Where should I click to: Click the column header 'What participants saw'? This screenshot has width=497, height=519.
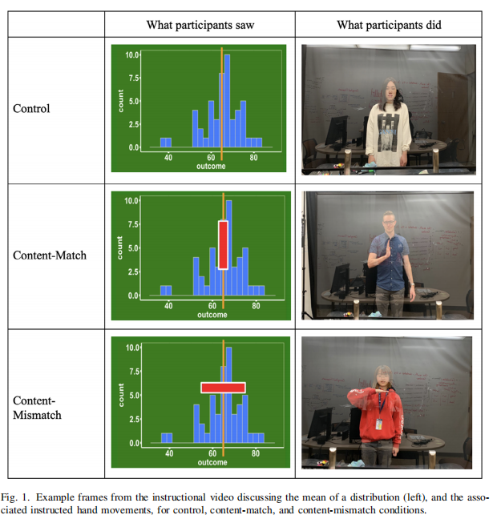point(200,25)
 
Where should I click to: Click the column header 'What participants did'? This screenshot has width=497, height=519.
point(389,25)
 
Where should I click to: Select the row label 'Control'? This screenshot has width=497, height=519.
point(31,108)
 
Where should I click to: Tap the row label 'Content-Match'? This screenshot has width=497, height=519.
point(50,256)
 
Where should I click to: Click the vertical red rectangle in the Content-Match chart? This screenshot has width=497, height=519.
point(223,245)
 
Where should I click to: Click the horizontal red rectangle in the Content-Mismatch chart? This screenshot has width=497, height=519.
point(223,387)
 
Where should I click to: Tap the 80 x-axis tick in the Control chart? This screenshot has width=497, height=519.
point(253,158)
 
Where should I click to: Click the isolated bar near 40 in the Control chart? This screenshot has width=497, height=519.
point(166,143)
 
